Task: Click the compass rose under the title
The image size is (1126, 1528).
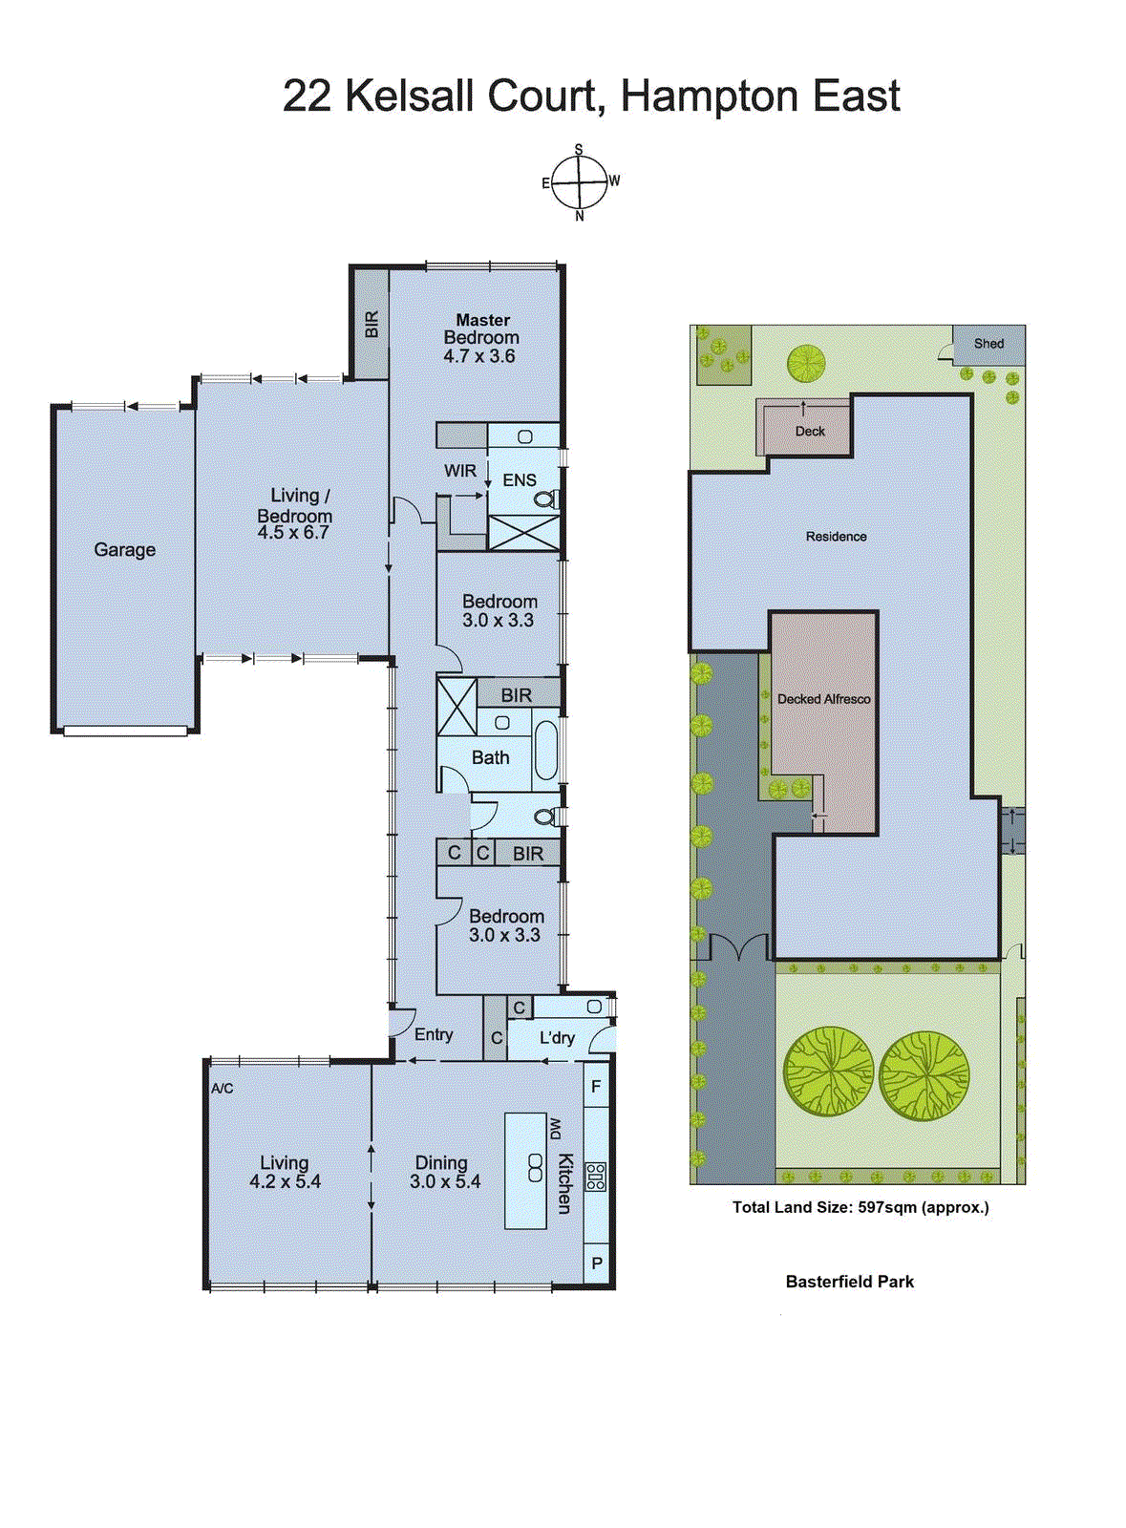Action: click(579, 181)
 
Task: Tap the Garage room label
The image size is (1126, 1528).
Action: click(124, 550)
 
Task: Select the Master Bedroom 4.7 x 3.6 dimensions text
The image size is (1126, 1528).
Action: click(479, 356)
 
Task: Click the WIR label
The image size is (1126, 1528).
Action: click(459, 471)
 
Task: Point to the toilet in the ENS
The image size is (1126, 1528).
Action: click(545, 499)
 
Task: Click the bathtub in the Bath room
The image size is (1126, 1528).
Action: click(545, 751)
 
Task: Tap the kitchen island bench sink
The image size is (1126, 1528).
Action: click(535, 1167)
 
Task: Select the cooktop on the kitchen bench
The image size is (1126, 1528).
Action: click(596, 1177)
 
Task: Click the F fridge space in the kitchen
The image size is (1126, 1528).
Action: click(596, 1087)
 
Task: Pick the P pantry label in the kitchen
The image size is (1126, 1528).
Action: click(597, 1263)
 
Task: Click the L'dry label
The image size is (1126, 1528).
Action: click(557, 1038)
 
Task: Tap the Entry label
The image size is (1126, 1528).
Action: click(434, 1034)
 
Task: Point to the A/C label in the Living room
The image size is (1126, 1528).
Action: click(222, 1089)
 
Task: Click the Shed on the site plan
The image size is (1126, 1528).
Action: click(988, 344)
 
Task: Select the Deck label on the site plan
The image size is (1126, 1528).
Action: click(810, 432)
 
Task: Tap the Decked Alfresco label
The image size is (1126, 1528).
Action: click(823, 699)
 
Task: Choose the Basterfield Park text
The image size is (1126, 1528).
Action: click(849, 1282)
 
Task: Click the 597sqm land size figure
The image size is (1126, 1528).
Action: click(886, 1207)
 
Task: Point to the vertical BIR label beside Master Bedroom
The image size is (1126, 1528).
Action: click(372, 325)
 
